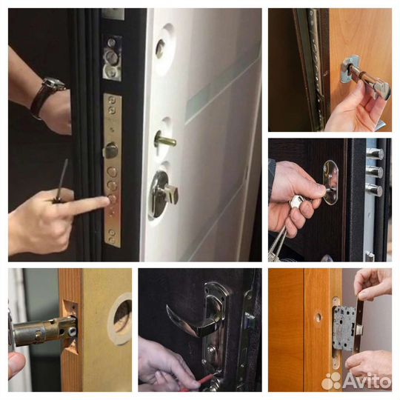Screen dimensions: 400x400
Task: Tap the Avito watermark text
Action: click(367, 381)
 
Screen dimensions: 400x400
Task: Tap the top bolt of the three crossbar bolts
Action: click(375, 153)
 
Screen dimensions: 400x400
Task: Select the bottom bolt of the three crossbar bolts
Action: click(375, 190)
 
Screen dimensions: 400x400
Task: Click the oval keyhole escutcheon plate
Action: click(330, 182)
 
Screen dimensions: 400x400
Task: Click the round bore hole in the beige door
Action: click(121, 319)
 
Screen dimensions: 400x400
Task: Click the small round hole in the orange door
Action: click(318, 317)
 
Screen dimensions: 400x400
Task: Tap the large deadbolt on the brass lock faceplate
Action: click(111, 150)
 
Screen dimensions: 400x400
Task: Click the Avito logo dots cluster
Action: click(331, 381)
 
